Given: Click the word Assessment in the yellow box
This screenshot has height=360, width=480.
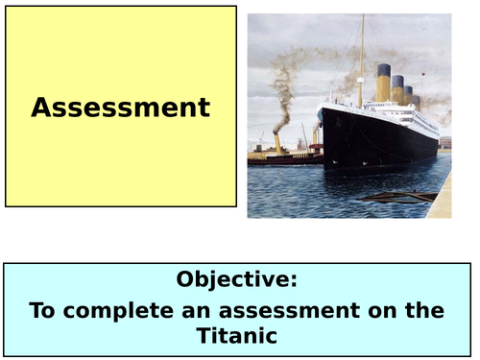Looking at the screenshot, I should [x=120, y=108].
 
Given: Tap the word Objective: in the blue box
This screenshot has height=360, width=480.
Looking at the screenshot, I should [x=237, y=280].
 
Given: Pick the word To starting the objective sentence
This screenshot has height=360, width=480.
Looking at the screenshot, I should [x=44, y=310].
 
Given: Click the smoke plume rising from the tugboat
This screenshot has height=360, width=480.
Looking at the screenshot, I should [x=280, y=96].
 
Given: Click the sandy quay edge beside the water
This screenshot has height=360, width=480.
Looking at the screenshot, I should [x=439, y=202].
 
